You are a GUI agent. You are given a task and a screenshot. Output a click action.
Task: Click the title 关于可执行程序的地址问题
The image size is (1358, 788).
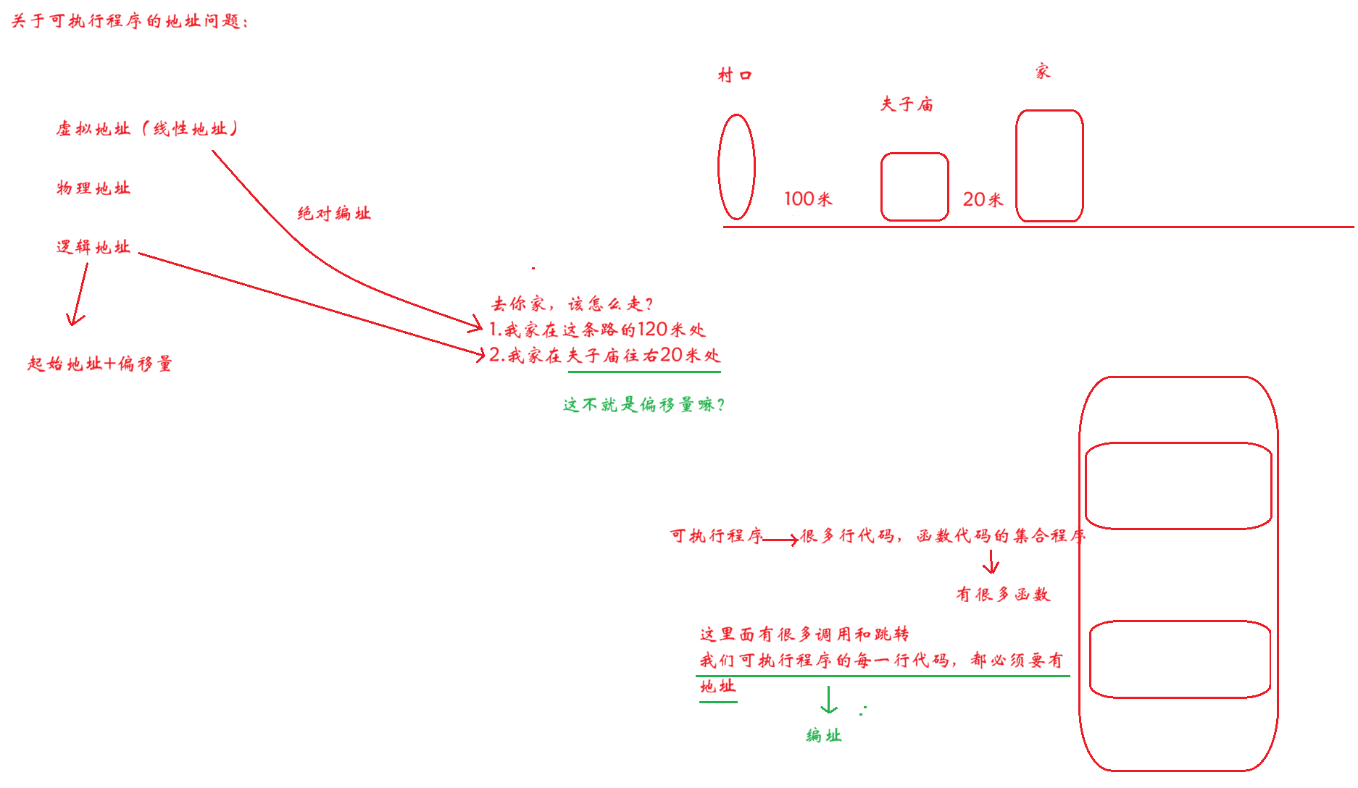coord(129,21)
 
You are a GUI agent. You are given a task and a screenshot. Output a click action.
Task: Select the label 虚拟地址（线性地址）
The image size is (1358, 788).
coord(147,129)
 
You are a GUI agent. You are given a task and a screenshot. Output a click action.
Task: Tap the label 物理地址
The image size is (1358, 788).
coord(93,188)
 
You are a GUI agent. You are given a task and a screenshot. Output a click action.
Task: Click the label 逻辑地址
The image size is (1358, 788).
coord(93,247)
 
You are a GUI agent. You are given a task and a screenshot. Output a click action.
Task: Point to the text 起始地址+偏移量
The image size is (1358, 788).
coord(100,364)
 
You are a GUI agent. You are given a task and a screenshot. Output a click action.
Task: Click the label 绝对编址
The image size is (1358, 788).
coord(334,214)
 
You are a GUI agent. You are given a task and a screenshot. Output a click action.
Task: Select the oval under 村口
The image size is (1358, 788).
coord(736,167)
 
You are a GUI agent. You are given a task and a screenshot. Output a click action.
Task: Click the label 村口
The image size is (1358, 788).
coord(735,75)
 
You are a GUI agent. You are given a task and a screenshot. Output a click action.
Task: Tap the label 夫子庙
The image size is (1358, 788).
coord(907,105)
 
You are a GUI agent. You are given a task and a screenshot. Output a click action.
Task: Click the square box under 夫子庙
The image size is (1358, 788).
coord(915,186)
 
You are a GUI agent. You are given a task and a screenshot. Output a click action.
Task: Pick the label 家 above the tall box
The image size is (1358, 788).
coord(1042,71)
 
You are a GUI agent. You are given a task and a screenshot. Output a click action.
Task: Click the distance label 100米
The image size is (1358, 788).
coord(808,198)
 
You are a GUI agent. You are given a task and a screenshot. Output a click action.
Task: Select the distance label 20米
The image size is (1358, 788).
coord(983,199)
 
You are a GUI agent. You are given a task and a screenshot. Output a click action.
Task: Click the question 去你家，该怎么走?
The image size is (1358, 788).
coord(572,303)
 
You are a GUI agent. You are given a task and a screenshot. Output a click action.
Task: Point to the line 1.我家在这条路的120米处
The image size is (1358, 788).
coord(597,330)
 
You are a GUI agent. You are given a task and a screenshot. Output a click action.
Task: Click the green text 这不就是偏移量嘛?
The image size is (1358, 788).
coord(643,405)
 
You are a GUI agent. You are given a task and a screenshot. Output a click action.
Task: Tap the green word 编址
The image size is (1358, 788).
coord(824,736)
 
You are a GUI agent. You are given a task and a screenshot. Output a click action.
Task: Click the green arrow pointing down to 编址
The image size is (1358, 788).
coord(829,700)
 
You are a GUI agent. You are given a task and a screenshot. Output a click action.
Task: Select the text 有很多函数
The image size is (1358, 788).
coord(1003,595)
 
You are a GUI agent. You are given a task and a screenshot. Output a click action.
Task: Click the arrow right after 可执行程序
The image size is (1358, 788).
coord(781,540)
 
